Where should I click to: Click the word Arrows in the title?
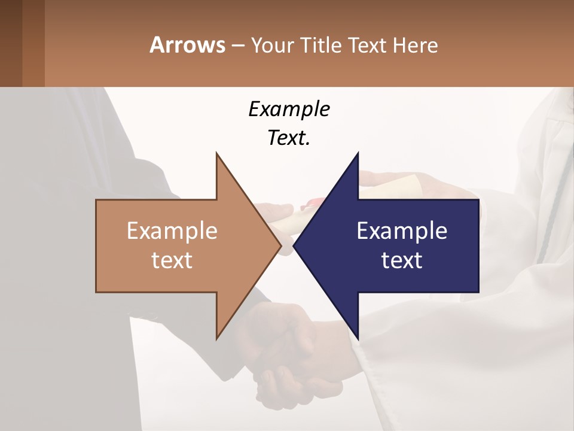pyautogui.click(x=187, y=45)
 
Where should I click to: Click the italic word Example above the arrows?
pyautogui.click(x=289, y=109)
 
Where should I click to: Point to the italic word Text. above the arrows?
pyautogui.click(x=289, y=138)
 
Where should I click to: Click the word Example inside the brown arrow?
pyautogui.click(x=172, y=230)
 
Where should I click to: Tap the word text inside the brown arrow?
pyautogui.click(x=172, y=260)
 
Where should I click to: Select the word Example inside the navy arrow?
pyautogui.click(x=402, y=230)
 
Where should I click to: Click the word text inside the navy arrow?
pyautogui.click(x=402, y=260)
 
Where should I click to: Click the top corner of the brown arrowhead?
pyautogui.click(x=216, y=154)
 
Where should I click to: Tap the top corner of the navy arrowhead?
pyautogui.click(x=358, y=154)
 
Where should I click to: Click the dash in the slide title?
pyautogui.click(x=238, y=45)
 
